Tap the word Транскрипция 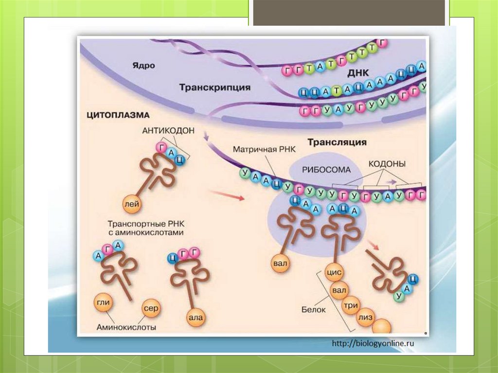214,88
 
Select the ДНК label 359,73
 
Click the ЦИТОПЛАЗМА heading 118,116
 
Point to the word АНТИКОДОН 168,131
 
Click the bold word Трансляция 337,142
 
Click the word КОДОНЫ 387,164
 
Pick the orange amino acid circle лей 133,205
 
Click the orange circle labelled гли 103,303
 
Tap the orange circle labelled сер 151,308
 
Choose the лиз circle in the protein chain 365,318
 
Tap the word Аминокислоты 126,327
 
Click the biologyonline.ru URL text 373,343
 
